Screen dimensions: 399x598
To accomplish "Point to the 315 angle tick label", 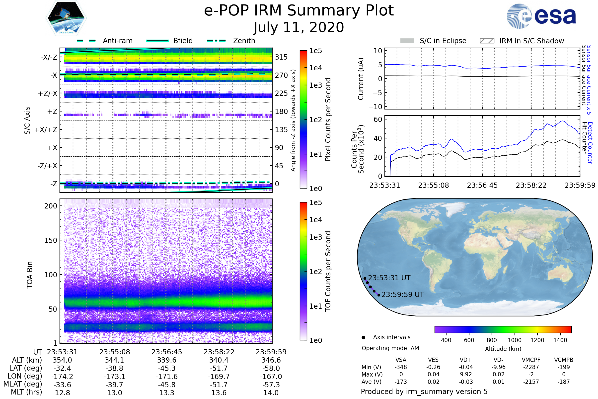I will tap(281, 57).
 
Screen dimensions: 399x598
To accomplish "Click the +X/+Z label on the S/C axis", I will tap(46, 130).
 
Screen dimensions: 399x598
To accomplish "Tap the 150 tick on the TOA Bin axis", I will tap(51, 240).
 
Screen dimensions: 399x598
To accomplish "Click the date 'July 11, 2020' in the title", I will tap(299, 27).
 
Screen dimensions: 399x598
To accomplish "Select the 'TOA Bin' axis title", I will tap(29, 275).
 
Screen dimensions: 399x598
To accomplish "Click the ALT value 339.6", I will tap(166, 360).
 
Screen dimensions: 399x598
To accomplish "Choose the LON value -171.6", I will tap(166, 377).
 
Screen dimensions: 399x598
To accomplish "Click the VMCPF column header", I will tap(531, 360).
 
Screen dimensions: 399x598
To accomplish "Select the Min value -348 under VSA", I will tap(401, 367).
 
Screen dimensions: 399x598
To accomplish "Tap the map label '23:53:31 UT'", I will tap(389, 278).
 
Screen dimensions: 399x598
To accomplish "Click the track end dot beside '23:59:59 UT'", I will tap(379, 295).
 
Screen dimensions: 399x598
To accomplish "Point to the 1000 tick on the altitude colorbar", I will tap(514, 340).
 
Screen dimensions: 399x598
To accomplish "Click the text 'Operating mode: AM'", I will tap(390, 348).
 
